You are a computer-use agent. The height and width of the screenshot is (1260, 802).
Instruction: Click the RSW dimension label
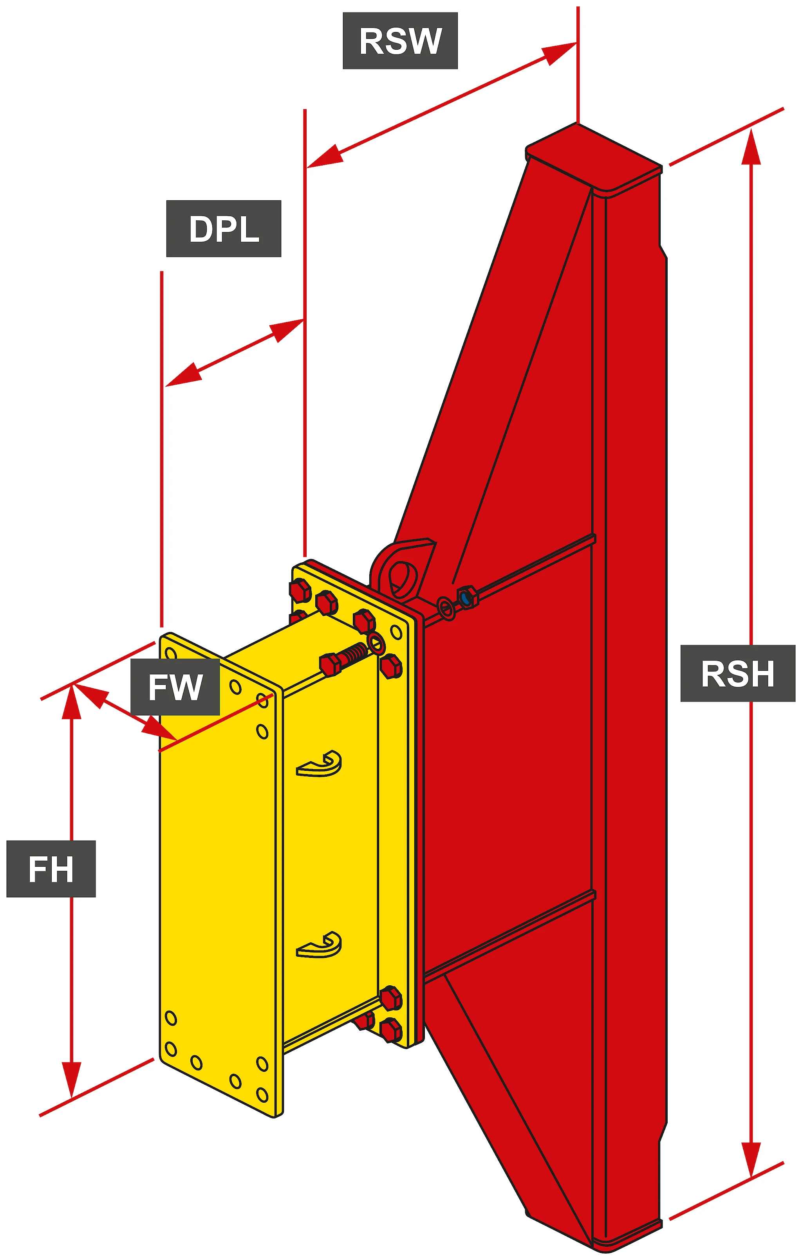tap(400, 41)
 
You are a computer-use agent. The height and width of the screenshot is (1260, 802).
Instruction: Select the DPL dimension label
tap(224, 229)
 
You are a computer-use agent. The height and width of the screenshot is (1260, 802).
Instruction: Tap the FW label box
tap(175, 687)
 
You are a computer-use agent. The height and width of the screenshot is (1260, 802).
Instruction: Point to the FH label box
tap(51, 869)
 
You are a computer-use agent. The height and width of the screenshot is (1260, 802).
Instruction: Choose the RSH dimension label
tap(738, 673)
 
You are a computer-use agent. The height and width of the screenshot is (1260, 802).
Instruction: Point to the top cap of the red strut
tap(594, 160)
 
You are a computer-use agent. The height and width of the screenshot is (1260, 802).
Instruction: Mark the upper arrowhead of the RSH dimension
tap(751, 146)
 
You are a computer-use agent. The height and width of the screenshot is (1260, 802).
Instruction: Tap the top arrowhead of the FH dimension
tap(72, 701)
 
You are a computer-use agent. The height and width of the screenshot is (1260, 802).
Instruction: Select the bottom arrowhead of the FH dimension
tap(72, 1080)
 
